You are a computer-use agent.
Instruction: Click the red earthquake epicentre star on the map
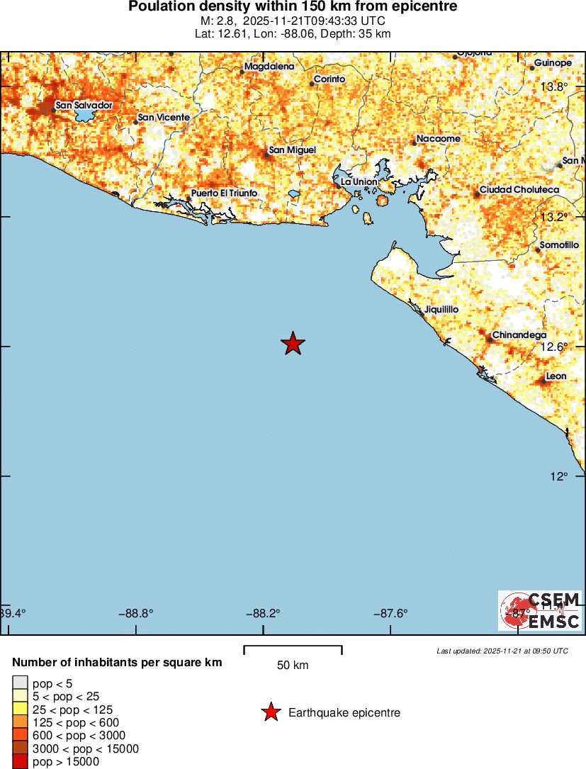pos(293,344)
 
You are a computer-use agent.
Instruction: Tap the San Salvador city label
pos(84,105)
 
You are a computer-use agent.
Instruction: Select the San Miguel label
pos(292,150)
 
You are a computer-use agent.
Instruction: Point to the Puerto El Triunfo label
pos(224,193)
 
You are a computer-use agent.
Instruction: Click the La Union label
pos(359,182)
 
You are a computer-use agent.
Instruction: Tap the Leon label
pos(556,376)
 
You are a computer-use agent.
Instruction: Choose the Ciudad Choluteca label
pos(519,190)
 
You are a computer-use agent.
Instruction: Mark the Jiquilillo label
pos(441,310)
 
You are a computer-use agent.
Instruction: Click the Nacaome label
pos(438,138)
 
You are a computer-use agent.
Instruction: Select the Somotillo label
pos(559,245)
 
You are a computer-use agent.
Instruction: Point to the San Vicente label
pos(164,117)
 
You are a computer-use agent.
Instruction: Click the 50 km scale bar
pos(293,650)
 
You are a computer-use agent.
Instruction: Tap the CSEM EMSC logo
pos(540,610)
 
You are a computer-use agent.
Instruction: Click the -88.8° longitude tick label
pos(136,613)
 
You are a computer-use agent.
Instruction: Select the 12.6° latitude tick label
pos(555,347)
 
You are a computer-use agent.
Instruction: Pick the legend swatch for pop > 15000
pos(21,762)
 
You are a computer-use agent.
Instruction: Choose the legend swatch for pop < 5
pos(21,683)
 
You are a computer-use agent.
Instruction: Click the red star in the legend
pos(270,712)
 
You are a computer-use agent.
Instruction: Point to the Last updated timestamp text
pos(502,651)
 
